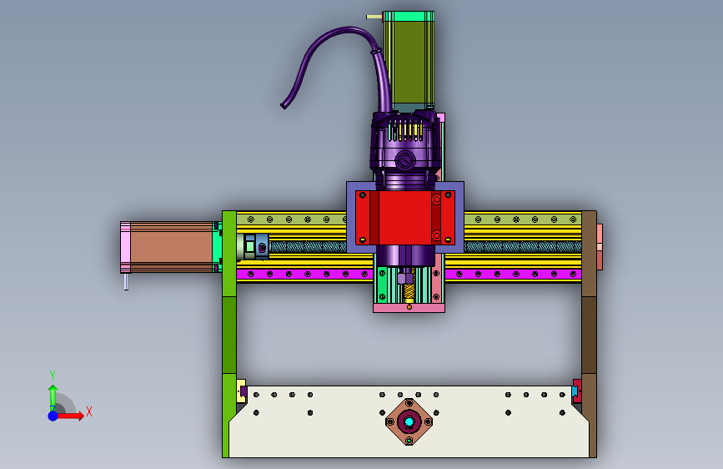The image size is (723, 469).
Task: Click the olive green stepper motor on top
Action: tap(409, 61)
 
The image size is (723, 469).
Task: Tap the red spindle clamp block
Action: tap(404, 218)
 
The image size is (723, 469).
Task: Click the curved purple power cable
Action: tap(333, 55)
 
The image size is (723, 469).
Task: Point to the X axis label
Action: tap(89, 411)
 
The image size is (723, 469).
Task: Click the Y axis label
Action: tap(53, 375)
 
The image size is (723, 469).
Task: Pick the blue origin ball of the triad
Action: tap(53, 416)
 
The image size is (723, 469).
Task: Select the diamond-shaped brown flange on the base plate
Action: tap(409, 421)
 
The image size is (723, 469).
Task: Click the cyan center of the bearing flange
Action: tap(409, 421)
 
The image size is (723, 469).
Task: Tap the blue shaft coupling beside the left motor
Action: tap(261, 247)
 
